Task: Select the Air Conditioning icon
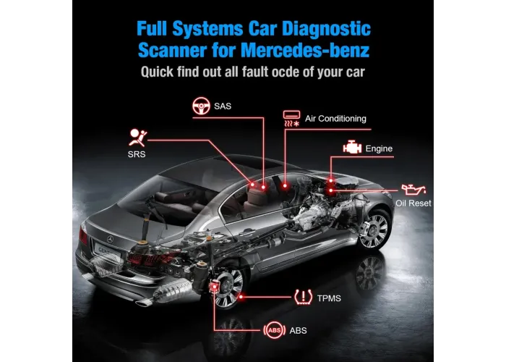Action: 291,118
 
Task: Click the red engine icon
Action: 352,148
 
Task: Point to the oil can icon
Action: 412,190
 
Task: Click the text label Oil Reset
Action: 413,203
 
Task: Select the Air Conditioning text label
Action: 335,118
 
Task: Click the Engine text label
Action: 379,148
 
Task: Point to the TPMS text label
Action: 328,298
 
